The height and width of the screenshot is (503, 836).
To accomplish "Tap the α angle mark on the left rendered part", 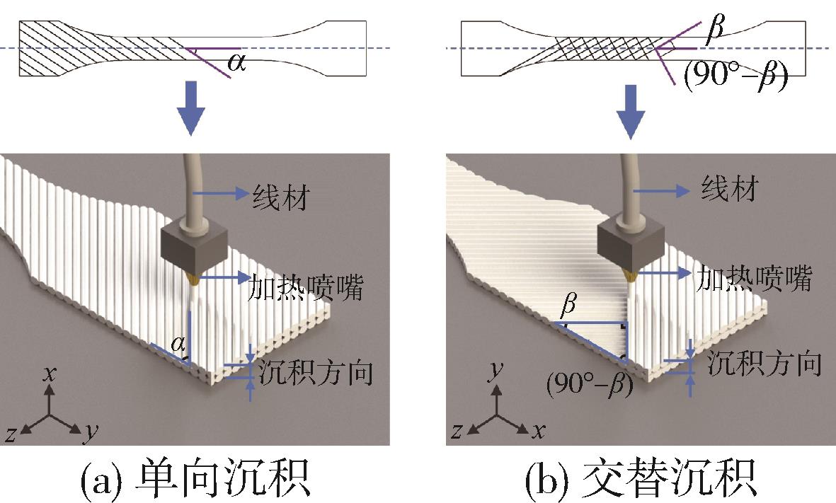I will (179, 345).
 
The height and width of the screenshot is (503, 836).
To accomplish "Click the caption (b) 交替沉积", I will (641, 480).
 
